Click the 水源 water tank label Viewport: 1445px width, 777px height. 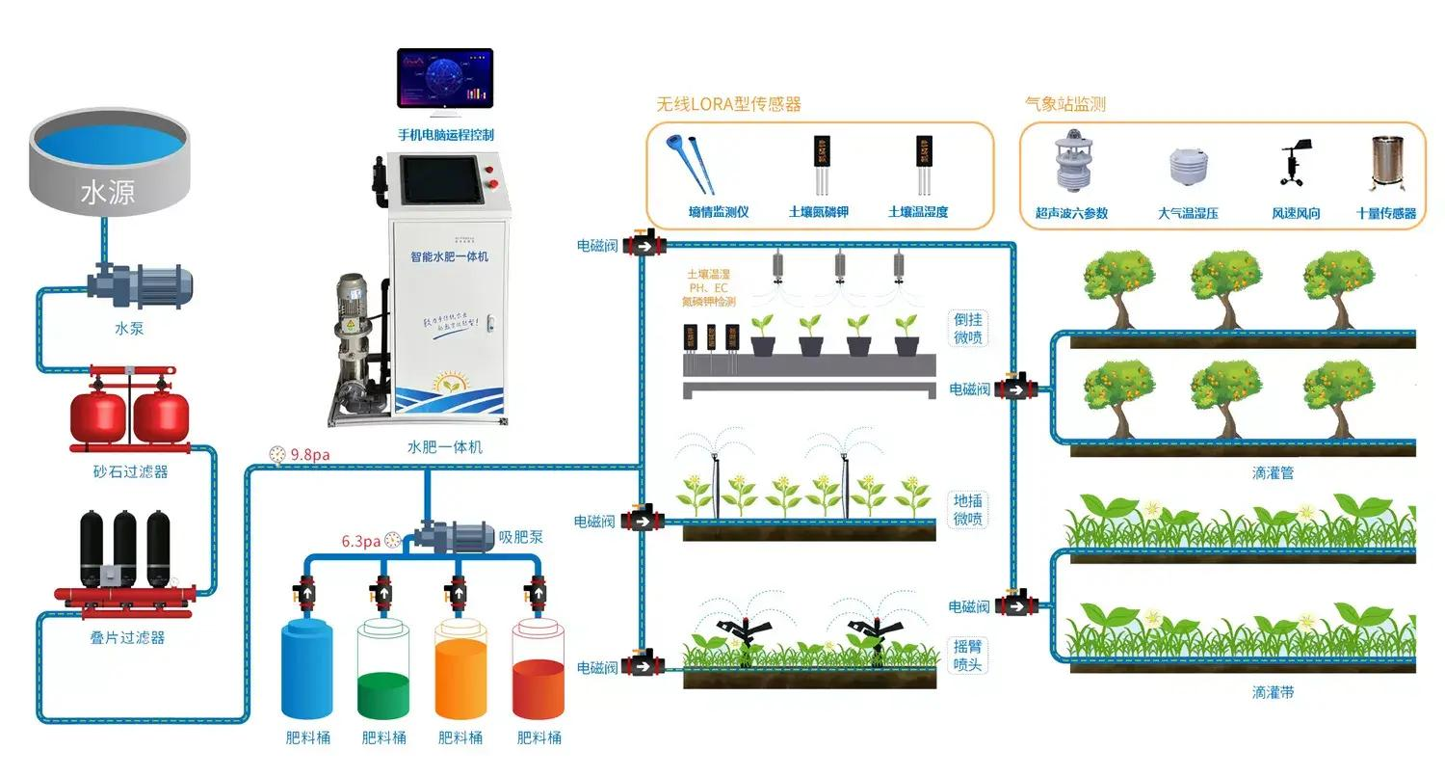pos(108,193)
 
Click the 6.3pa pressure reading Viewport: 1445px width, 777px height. pos(360,541)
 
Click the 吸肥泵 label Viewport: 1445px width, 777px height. pos(520,537)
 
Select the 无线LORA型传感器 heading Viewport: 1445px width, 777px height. pos(728,104)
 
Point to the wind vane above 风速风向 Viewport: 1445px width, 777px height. pos(1293,164)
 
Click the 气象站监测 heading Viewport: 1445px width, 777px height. pos(1064,104)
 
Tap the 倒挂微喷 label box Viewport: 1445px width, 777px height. pos(967,329)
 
